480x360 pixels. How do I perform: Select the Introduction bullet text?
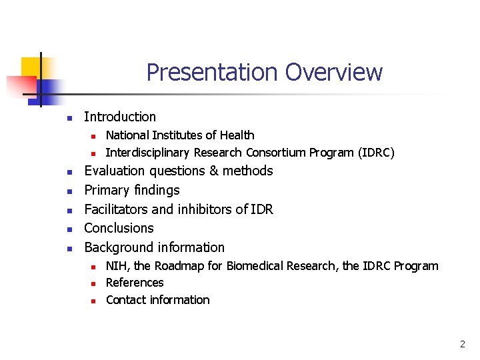click(x=120, y=117)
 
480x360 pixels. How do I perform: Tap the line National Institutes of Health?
click(x=180, y=135)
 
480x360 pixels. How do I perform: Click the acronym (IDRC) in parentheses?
click(x=376, y=153)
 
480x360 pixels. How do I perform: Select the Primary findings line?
click(x=132, y=190)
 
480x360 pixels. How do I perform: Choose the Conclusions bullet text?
click(x=119, y=228)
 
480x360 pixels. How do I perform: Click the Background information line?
click(x=154, y=247)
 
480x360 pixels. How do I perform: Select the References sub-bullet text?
click(x=135, y=283)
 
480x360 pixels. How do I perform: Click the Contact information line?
click(x=157, y=300)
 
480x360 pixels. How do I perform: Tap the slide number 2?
click(x=462, y=345)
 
